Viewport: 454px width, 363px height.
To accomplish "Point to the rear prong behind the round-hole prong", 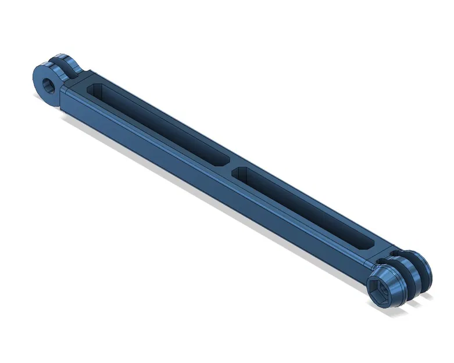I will tap(71, 64).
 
